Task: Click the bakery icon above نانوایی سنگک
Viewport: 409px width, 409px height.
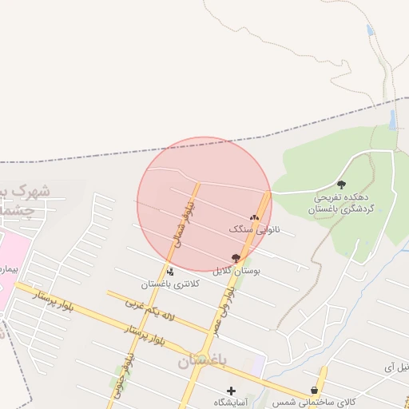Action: tap(255, 216)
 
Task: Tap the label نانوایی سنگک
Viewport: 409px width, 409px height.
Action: tap(256, 229)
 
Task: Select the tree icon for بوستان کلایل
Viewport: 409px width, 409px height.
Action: tap(236, 257)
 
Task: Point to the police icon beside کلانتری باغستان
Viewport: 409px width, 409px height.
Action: tap(169, 272)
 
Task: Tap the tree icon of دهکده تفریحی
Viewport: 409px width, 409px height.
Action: tap(342, 184)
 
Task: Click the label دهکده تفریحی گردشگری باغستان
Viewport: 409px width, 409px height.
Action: tap(342, 202)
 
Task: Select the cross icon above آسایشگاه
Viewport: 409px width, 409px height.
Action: tap(232, 391)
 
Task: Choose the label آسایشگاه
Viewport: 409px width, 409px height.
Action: tap(232, 403)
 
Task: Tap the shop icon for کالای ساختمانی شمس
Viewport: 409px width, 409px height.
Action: tap(314, 390)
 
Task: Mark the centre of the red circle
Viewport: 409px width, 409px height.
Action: tap(204, 204)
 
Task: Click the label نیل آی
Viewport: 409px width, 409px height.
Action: tap(395, 367)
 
